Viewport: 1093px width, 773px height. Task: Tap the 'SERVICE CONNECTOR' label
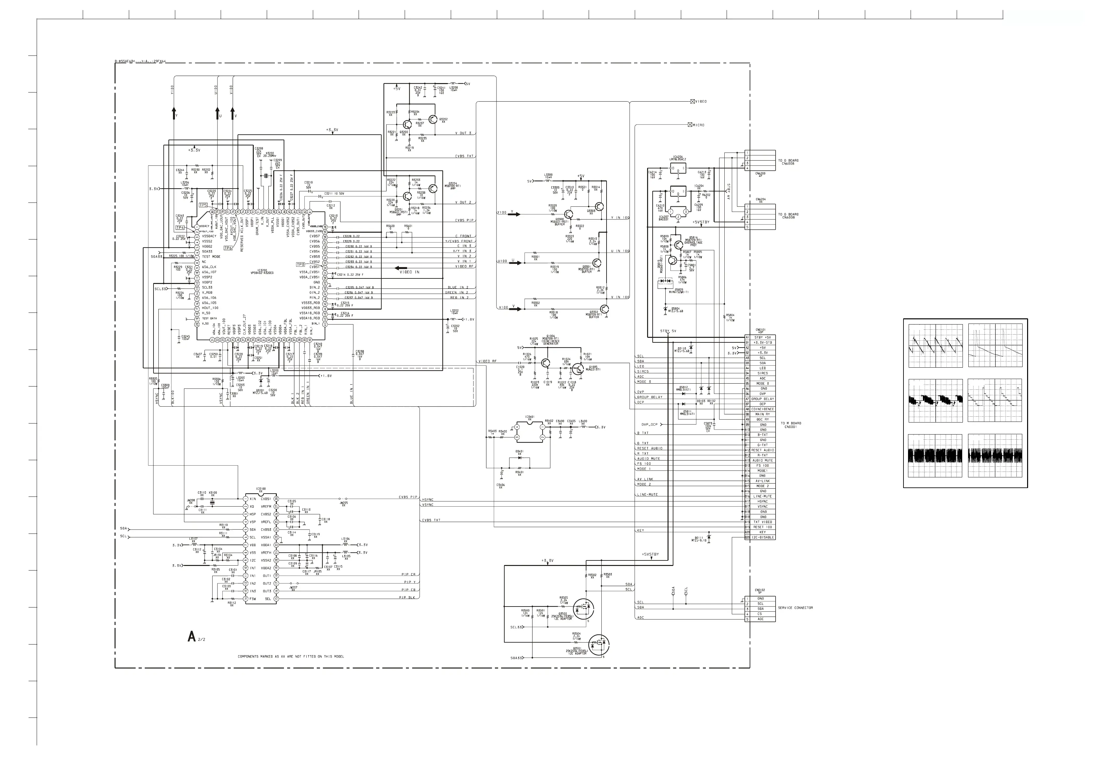[795, 608]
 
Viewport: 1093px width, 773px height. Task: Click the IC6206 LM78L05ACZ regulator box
[678, 168]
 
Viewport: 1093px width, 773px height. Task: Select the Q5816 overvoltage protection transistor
[678, 244]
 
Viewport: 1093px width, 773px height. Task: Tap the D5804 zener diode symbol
[666, 309]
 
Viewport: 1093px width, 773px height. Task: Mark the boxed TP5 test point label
[203, 205]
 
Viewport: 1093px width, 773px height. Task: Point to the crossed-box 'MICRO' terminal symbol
[690, 125]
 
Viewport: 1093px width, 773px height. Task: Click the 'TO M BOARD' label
[791, 423]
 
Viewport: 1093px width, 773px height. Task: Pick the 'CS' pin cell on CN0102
[760, 614]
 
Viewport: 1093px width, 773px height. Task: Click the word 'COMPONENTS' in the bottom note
[249, 656]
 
